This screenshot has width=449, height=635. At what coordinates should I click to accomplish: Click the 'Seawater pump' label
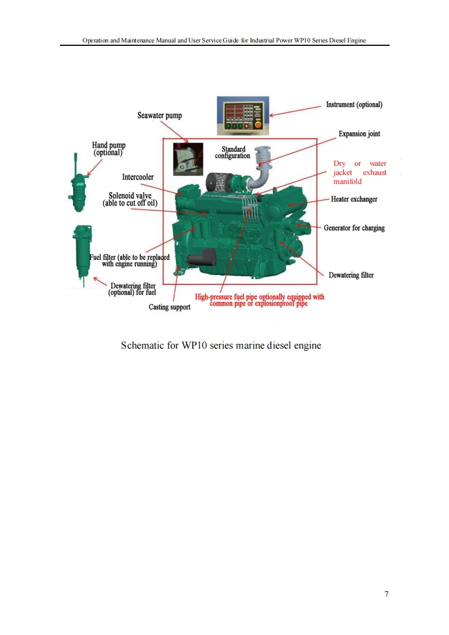click(160, 115)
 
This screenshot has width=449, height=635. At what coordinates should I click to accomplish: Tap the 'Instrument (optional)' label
click(354, 105)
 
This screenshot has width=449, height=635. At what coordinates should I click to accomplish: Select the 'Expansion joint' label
click(359, 134)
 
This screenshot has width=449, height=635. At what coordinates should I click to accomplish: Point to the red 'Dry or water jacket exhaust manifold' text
click(360, 173)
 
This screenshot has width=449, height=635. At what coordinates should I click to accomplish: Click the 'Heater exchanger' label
click(354, 199)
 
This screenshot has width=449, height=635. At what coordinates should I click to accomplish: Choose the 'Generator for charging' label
click(354, 228)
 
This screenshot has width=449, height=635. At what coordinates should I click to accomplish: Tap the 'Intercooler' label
click(138, 177)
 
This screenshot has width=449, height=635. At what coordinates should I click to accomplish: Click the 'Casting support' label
click(170, 307)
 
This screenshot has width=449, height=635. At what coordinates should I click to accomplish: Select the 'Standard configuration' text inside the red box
click(232, 152)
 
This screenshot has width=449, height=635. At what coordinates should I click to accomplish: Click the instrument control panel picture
click(243, 115)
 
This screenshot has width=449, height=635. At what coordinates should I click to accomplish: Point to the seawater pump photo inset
click(188, 159)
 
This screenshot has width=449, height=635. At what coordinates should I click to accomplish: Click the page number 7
click(387, 594)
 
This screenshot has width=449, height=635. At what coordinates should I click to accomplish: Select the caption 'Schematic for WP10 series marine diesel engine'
click(221, 345)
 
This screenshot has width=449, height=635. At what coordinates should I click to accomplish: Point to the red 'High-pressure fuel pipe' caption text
click(260, 300)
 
